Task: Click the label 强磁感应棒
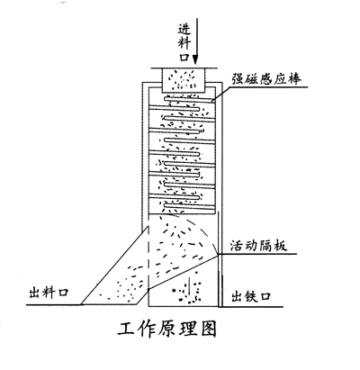[x=266, y=79]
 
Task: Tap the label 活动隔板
[x=258, y=245]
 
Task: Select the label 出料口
[x=49, y=293]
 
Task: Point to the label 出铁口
[x=251, y=296]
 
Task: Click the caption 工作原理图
[x=166, y=329]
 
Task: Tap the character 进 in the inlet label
[x=184, y=29]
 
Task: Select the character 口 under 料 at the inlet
[x=184, y=57]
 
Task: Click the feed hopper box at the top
[x=184, y=80]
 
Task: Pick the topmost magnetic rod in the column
[x=189, y=99]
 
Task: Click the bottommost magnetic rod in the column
[x=189, y=206]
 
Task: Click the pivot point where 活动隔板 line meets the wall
[x=218, y=255]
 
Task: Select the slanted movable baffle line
[x=184, y=272]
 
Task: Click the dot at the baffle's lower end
[x=149, y=289]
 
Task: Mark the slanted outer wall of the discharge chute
[x=114, y=266]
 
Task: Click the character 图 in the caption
[x=208, y=329]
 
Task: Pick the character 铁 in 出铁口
[x=251, y=296]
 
